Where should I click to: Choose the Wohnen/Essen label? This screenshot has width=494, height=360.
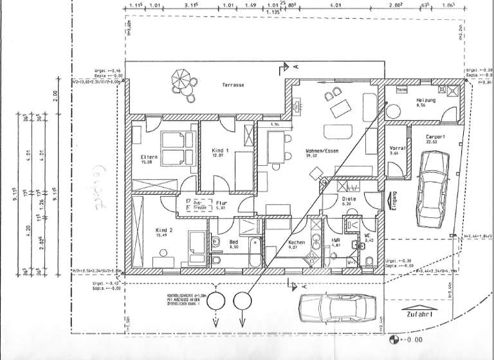322,152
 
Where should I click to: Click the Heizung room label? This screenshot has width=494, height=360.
426,101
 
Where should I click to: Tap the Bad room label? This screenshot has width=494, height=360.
233,242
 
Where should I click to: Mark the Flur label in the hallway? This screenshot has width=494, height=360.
221,203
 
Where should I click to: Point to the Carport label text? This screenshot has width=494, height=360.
436,137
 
